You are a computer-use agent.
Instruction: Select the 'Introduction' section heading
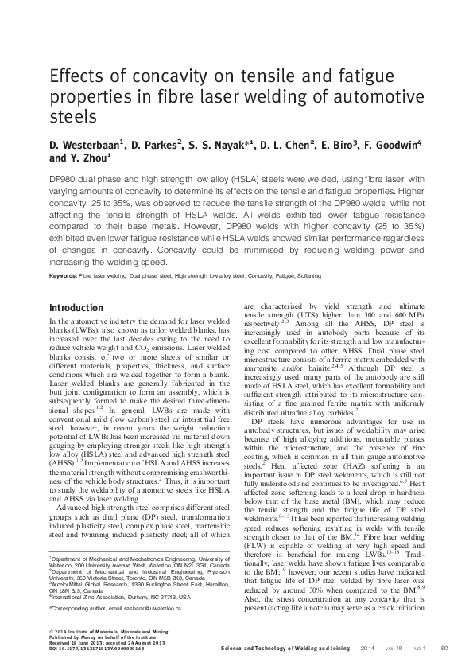(76, 308)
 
